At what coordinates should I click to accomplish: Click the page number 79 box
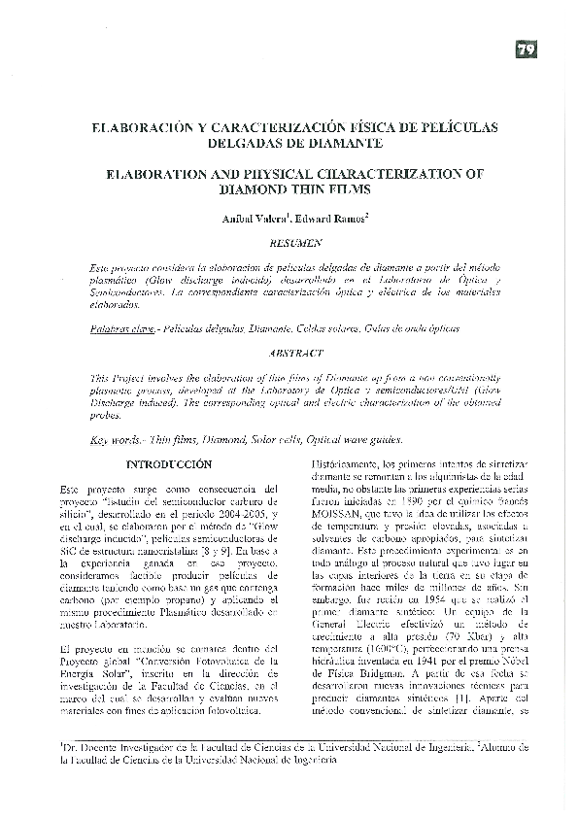[527, 51]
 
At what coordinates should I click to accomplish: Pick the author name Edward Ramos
[329, 220]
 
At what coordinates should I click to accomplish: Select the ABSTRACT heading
[291, 354]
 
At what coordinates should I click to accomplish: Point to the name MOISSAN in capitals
[339, 514]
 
